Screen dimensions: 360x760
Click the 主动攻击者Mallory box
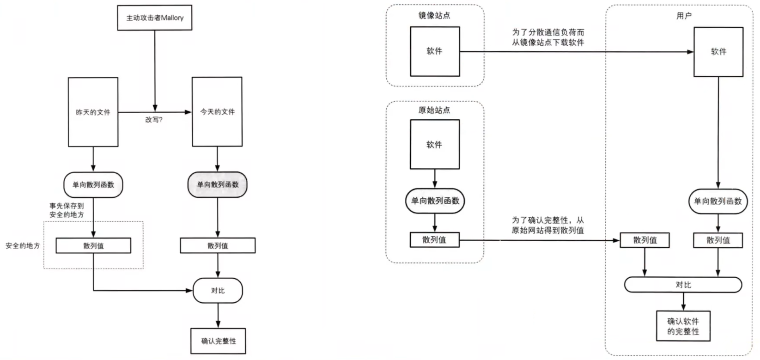coord(154,18)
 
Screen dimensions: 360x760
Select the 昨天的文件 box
coord(93,112)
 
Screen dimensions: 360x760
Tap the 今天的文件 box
coord(217,112)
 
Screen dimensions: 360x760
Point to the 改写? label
coord(154,120)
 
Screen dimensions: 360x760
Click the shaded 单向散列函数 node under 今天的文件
coord(217,184)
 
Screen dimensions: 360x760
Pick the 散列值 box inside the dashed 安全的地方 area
coord(93,246)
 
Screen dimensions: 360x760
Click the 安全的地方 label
coord(22,246)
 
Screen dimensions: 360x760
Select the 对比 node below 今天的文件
coord(218,291)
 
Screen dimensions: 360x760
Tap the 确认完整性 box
coord(218,341)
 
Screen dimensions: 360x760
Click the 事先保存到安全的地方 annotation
coord(67,210)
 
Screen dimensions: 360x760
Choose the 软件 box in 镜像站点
coord(434,51)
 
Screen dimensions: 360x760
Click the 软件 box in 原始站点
coord(434,145)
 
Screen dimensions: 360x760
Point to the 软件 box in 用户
coord(718,51)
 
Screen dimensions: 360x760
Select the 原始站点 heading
coord(434,110)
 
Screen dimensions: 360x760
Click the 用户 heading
coord(683,16)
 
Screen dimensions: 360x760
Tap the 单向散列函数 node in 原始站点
coord(435,201)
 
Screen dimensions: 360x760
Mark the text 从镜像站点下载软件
coord(548,43)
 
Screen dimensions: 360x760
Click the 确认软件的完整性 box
coord(683,326)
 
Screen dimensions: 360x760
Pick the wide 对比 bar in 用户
coord(683,285)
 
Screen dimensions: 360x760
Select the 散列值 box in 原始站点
coord(434,240)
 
